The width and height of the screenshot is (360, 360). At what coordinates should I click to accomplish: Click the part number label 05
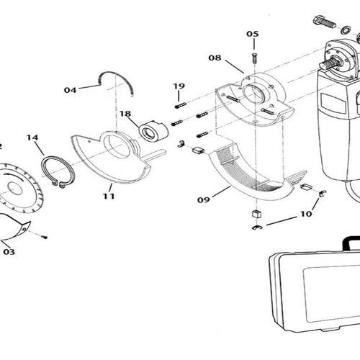(253, 34)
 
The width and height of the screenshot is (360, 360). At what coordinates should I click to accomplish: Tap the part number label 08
(215, 58)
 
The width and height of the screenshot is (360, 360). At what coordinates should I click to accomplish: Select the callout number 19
(179, 86)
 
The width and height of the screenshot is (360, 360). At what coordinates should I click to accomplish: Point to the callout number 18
(125, 114)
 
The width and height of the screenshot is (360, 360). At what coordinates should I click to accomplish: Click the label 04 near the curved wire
(70, 90)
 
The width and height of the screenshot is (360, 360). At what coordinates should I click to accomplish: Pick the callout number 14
(32, 138)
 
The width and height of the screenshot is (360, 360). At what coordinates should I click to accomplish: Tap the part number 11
(109, 197)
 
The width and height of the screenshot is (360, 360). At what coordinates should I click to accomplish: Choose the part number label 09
(204, 200)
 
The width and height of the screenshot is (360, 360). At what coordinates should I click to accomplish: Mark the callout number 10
(306, 214)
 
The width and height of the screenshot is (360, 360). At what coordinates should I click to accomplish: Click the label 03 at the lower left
(9, 252)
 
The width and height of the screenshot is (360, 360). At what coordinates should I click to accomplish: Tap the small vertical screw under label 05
(254, 58)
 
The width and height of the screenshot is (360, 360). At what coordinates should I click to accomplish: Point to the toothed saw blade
(19, 189)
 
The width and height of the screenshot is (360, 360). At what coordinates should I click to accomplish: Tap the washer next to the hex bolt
(346, 30)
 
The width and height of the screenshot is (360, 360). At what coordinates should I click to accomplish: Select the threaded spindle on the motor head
(330, 63)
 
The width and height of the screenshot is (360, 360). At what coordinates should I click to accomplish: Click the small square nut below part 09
(257, 213)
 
